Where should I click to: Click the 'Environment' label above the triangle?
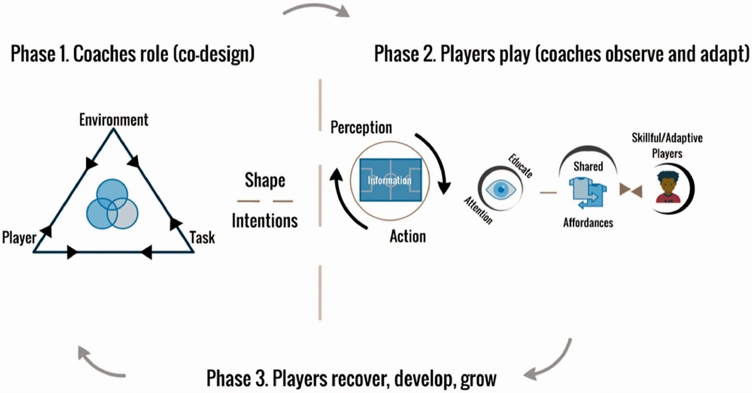click(113, 120)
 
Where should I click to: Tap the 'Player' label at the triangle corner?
click(19, 238)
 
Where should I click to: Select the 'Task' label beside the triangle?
click(202, 238)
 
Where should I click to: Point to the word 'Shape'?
click(264, 181)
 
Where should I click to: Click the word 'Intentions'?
click(264, 221)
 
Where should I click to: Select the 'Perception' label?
click(361, 127)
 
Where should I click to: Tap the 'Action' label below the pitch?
click(408, 237)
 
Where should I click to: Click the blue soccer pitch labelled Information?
click(390, 180)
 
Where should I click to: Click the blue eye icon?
click(500, 190)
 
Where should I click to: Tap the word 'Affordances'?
click(588, 223)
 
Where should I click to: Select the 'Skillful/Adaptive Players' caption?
click(667, 146)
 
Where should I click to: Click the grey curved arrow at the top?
click(317, 9)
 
